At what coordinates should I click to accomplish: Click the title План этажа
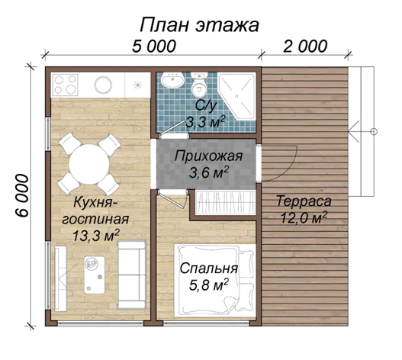point(199,25)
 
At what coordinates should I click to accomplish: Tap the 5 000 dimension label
point(154,47)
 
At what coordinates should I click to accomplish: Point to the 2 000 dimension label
point(305,47)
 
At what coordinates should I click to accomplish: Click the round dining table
point(89,164)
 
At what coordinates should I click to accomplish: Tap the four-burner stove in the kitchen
point(66,85)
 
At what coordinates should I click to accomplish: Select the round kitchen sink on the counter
point(103,85)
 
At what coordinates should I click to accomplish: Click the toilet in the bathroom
point(199,84)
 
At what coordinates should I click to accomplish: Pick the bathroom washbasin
point(172,79)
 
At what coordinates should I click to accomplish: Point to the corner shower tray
point(237,96)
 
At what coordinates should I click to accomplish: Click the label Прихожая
point(208,156)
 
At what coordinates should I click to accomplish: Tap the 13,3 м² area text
point(96,236)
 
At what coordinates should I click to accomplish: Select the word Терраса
point(304,201)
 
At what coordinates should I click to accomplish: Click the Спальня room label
point(209,268)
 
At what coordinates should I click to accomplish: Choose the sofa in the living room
point(132,275)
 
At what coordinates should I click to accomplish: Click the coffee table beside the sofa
point(95,275)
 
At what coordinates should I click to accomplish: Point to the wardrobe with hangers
point(225,203)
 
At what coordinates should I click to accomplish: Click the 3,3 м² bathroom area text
point(205,122)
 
